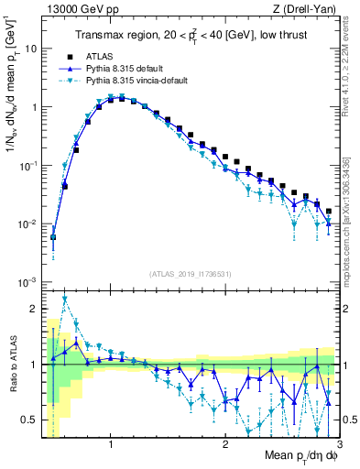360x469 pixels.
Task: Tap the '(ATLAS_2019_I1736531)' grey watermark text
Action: coord(191,273)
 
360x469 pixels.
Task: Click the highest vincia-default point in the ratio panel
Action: coord(64,298)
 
